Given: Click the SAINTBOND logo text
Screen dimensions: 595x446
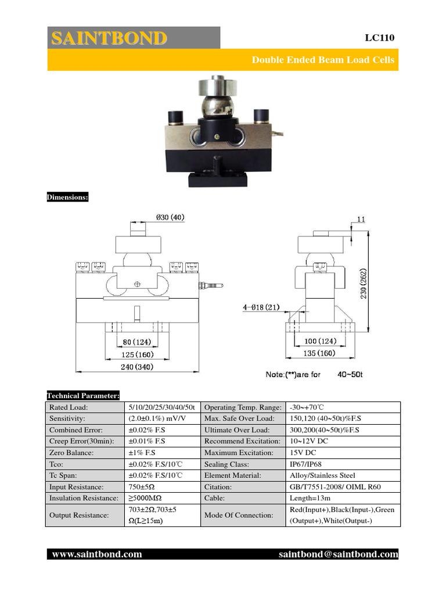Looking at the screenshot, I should pos(109,38).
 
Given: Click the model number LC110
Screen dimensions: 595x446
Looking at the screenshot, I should pos(379,38).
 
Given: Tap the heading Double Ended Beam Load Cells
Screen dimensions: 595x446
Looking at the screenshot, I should pos(323,60).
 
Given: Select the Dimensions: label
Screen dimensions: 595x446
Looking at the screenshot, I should pos(67,198).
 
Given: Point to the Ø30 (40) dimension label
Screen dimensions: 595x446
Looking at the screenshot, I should pos(170,217).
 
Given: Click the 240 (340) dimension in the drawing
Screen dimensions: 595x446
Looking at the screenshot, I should pos(138,367).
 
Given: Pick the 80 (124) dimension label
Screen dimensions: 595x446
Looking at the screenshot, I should pos(137,343).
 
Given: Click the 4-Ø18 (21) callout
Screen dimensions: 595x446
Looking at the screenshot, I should pos(262,308).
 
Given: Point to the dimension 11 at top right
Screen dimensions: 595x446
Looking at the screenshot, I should pos(361,220).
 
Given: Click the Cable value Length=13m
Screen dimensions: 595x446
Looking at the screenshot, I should pos(310,498).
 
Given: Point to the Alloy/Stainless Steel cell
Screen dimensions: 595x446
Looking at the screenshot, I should pos(322,475).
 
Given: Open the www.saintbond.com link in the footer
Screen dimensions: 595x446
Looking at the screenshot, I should pos(97,554).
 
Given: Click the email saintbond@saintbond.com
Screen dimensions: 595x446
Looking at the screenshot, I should pos(339,554).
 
